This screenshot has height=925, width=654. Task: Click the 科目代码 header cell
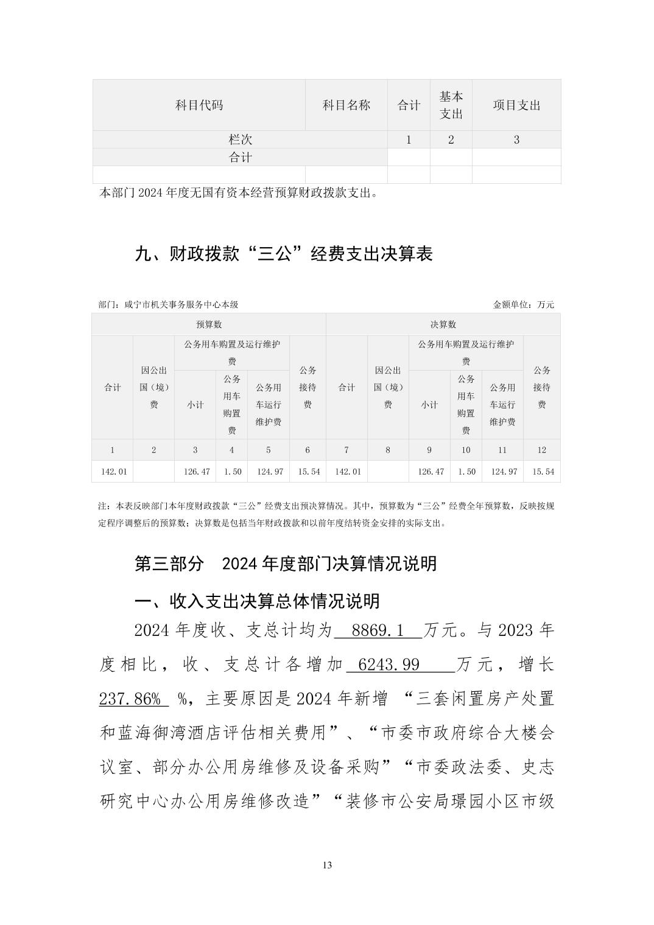[x=199, y=105]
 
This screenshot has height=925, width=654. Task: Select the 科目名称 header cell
[x=346, y=105]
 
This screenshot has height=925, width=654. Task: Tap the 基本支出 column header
[x=451, y=105]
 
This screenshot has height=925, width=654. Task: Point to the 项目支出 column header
[x=516, y=105]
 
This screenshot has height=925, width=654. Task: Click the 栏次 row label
[x=240, y=139]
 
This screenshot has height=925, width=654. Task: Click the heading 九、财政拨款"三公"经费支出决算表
[x=283, y=254]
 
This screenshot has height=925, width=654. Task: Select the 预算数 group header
[x=209, y=324]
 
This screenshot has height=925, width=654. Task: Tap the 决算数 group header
[x=443, y=324]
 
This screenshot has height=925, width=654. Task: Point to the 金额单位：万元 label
[x=524, y=304]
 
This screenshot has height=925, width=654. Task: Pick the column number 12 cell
[x=541, y=450]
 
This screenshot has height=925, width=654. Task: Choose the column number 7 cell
[x=346, y=450]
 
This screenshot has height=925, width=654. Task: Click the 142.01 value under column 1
[x=113, y=472]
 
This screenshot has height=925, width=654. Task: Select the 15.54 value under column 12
[x=542, y=472]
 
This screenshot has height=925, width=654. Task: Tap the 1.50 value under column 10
[x=466, y=472]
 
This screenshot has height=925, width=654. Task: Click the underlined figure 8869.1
[x=378, y=630]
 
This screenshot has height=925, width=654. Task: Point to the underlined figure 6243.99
[x=389, y=665]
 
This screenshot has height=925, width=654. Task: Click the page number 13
[x=327, y=865]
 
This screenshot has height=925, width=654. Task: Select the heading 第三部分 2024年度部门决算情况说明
[x=285, y=564]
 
